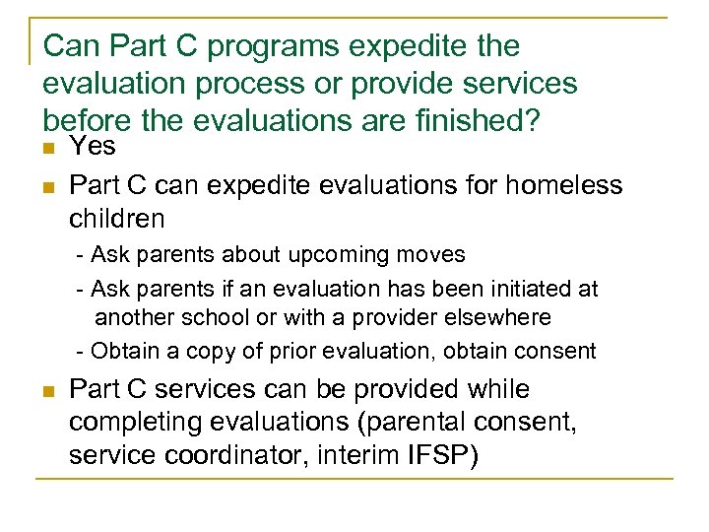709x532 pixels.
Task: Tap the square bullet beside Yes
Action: (x=48, y=149)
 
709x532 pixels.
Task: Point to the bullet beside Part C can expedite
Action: (x=48, y=185)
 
